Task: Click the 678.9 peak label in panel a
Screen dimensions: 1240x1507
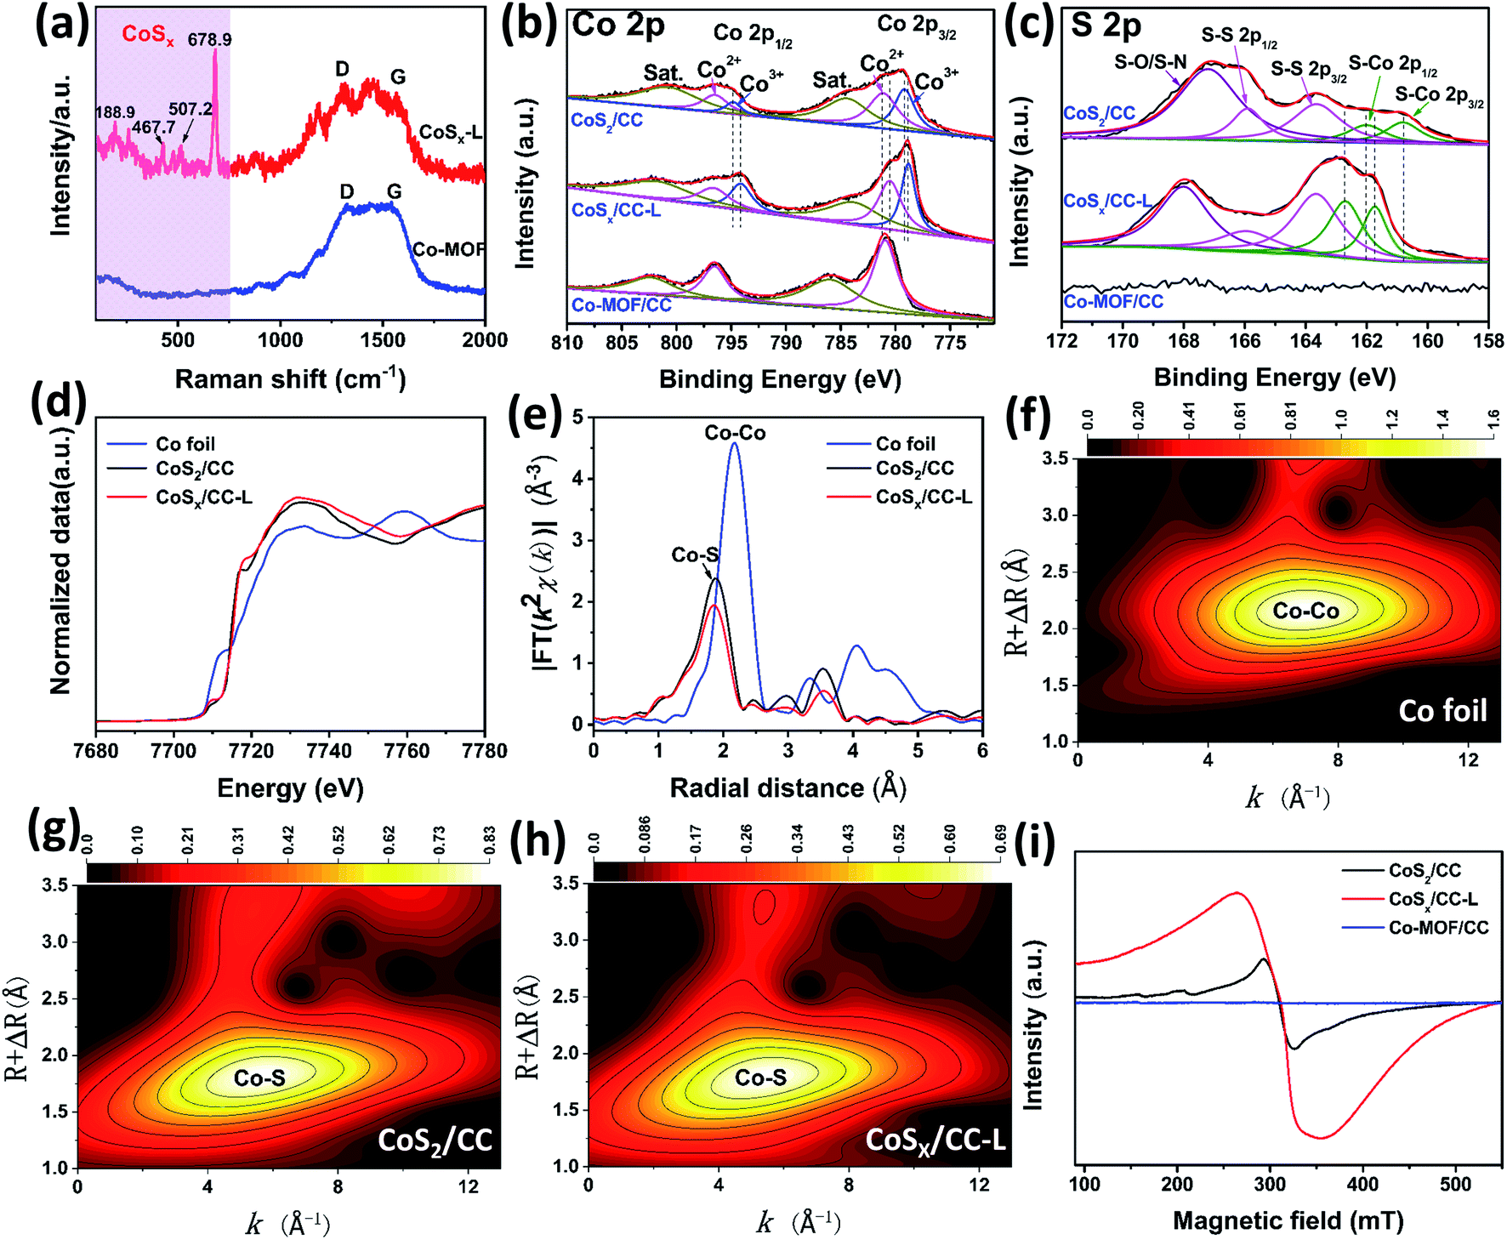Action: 209,39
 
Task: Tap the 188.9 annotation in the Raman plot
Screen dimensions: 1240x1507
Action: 115,112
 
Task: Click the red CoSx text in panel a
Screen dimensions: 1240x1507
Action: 147,35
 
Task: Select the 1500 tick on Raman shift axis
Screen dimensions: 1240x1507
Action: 383,340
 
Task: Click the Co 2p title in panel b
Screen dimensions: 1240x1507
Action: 618,25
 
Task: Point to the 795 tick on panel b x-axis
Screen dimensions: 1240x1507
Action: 731,343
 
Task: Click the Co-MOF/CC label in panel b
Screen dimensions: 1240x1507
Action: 621,304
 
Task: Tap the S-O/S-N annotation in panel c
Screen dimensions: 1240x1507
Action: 1150,61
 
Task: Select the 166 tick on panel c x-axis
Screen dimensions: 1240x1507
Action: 1245,340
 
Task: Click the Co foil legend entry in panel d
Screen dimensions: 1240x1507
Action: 185,444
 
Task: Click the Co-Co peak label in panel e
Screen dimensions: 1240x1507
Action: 735,433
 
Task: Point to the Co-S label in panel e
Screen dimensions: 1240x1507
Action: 695,555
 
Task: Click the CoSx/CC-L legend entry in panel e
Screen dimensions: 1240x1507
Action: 924,497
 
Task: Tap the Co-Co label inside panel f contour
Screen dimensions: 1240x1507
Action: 1305,611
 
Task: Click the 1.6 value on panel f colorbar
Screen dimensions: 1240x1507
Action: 1493,419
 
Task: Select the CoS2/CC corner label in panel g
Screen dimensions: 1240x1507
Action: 435,1140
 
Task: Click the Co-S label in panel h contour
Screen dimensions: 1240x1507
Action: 760,1078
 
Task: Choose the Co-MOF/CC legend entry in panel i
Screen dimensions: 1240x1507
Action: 1438,927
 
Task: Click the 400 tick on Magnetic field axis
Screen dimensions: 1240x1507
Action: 1363,1184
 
